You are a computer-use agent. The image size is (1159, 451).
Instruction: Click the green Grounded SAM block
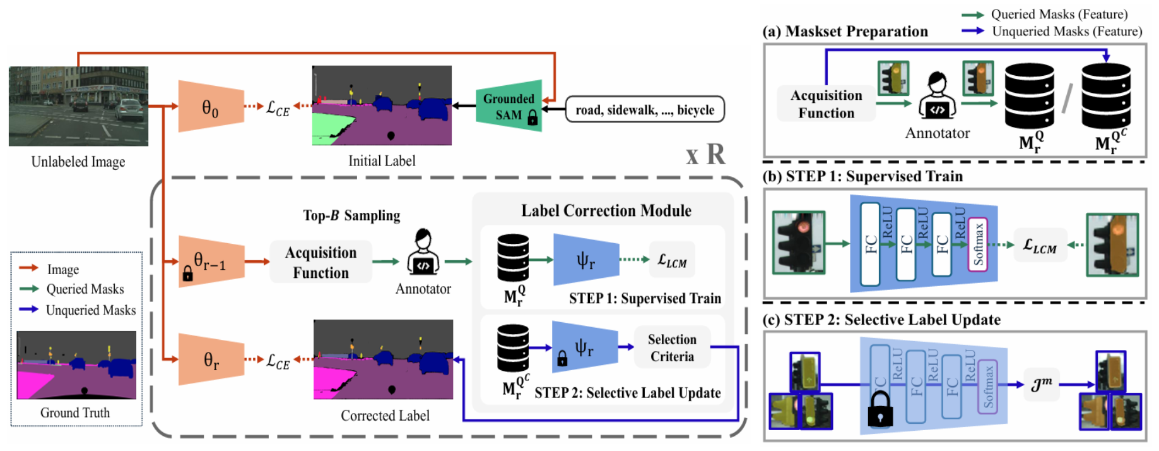[x=509, y=106]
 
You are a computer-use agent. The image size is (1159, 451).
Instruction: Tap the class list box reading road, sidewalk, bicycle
[x=645, y=110]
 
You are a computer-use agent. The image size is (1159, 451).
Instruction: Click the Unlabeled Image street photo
[x=78, y=106]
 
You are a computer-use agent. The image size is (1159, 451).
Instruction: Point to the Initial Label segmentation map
[x=382, y=105]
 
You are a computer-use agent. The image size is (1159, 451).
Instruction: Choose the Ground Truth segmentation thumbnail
[x=76, y=365]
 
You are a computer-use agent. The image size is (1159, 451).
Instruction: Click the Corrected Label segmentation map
[x=383, y=359]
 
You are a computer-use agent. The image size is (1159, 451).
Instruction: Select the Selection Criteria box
[x=672, y=348]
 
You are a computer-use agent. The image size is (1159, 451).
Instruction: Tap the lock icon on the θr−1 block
[x=187, y=274]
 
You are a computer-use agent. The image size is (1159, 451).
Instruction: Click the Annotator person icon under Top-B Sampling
[x=423, y=253]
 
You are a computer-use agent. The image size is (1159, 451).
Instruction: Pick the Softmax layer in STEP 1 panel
[x=978, y=244]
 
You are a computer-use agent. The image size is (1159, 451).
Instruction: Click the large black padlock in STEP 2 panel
[x=880, y=409]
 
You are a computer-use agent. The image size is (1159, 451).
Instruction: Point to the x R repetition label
[x=706, y=155]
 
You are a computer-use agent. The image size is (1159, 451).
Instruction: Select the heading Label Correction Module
[x=606, y=211]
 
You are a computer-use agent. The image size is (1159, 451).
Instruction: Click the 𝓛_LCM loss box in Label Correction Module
[x=672, y=260]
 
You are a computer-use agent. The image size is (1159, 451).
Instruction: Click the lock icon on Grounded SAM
[x=532, y=117]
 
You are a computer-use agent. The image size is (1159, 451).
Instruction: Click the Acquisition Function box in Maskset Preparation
[x=826, y=104]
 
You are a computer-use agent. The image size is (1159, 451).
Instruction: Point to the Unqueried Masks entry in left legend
[x=90, y=310]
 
